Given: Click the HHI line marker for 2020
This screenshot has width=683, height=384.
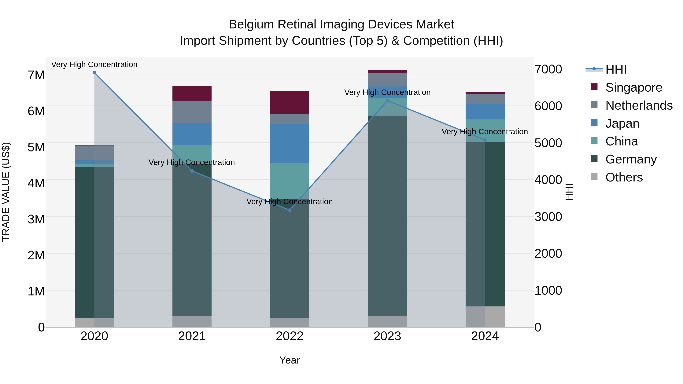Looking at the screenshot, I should [94, 73].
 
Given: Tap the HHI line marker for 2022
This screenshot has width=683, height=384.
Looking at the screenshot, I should [290, 210].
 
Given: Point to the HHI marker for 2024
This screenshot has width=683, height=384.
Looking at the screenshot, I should [485, 140].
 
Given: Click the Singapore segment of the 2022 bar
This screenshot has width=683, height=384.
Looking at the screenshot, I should [290, 103].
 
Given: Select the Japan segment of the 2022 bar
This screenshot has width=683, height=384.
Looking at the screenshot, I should [290, 143].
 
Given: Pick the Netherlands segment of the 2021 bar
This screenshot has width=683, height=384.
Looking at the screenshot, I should [192, 112].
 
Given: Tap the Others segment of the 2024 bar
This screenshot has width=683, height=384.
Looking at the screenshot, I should [485, 317].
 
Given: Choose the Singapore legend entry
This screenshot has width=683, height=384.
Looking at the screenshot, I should [633, 87].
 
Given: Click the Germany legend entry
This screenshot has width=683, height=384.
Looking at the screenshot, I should [631, 159].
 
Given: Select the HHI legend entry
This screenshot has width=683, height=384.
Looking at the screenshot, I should [616, 69].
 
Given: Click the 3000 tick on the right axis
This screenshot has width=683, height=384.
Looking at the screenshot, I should [548, 217].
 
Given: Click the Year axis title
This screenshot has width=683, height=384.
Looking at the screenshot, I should [290, 360].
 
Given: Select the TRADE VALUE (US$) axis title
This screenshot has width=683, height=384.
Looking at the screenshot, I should [6, 192].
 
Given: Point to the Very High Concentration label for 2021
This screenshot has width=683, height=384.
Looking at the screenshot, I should [191, 162].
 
